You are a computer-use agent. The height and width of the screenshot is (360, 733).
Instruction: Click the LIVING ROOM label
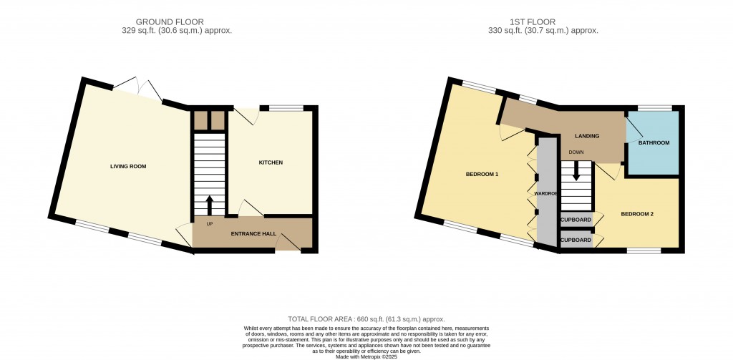[x=128, y=166]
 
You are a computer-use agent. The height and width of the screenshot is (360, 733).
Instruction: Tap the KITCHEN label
[x=271, y=162]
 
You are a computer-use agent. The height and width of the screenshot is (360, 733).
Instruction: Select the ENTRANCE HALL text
[x=253, y=234]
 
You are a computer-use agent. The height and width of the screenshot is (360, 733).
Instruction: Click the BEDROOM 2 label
[x=636, y=214]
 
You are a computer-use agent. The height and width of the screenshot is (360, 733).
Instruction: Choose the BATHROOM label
[x=654, y=143]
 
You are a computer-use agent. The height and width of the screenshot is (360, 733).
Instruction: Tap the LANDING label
[x=587, y=136]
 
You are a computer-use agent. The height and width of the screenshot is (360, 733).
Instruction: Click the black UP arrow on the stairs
[x=209, y=204]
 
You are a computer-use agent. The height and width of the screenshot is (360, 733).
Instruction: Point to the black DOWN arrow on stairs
[x=576, y=170]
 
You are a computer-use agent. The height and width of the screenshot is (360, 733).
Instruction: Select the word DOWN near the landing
[x=576, y=152]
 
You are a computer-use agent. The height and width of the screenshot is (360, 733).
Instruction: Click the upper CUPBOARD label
[x=576, y=220]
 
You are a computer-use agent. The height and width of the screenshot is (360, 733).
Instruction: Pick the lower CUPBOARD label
[x=576, y=240]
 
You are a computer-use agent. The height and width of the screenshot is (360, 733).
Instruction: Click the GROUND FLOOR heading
[x=170, y=22]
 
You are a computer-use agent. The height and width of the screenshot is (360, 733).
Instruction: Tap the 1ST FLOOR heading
[x=539, y=22]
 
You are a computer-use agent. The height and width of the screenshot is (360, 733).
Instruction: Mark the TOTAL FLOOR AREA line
[x=366, y=319]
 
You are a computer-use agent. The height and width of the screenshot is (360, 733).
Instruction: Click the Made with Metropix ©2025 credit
[x=366, y=357]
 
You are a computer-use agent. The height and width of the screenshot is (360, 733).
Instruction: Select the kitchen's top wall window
[x=286, y=109]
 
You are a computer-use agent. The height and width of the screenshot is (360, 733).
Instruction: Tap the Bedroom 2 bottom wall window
[x=644, y=251]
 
